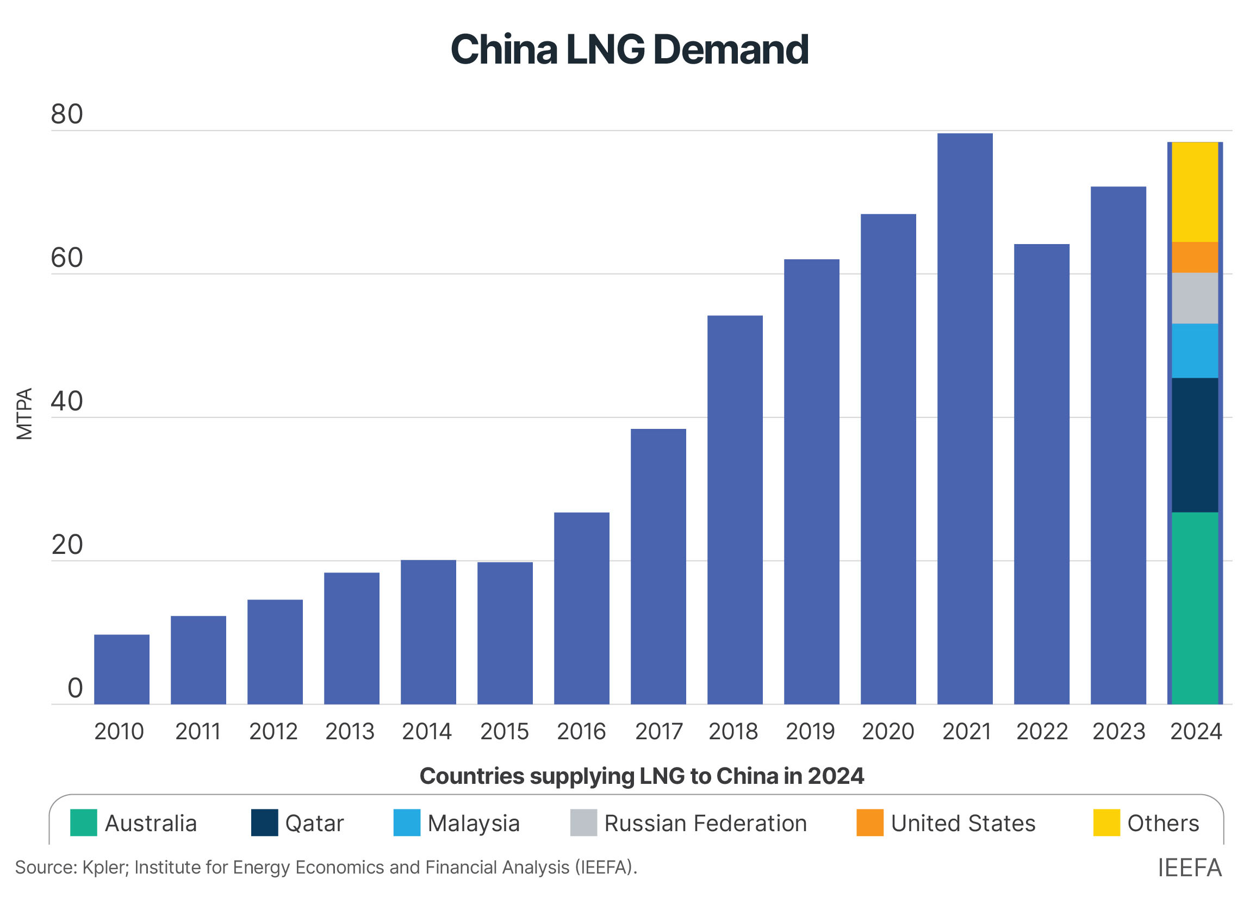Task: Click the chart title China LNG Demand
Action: click(x=629, y=50)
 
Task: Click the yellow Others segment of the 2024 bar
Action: click(x=1195, y=192)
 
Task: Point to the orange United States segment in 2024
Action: click(x=1195, y=257)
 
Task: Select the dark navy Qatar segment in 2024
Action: click(x=1195, y=445)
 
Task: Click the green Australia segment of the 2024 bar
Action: click(x=1195, y=608)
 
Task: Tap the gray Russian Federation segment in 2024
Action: click(x=1195, y=298)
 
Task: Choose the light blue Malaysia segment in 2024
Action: click(x=1195, y=351)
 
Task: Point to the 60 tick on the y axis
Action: click(x=67, y=258)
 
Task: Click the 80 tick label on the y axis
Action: click(x=67, y=115)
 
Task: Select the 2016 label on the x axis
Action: click(x=581, y=732)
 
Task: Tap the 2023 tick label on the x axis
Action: click(x=1118, y=732)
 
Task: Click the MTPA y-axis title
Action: click(x=24, y=414)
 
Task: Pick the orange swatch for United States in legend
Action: click(x=869, y=823)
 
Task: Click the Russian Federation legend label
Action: click(x=705, y=824)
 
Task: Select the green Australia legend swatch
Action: click(x=84, y=823)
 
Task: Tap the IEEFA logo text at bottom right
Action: click(x=1189, y=868)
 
